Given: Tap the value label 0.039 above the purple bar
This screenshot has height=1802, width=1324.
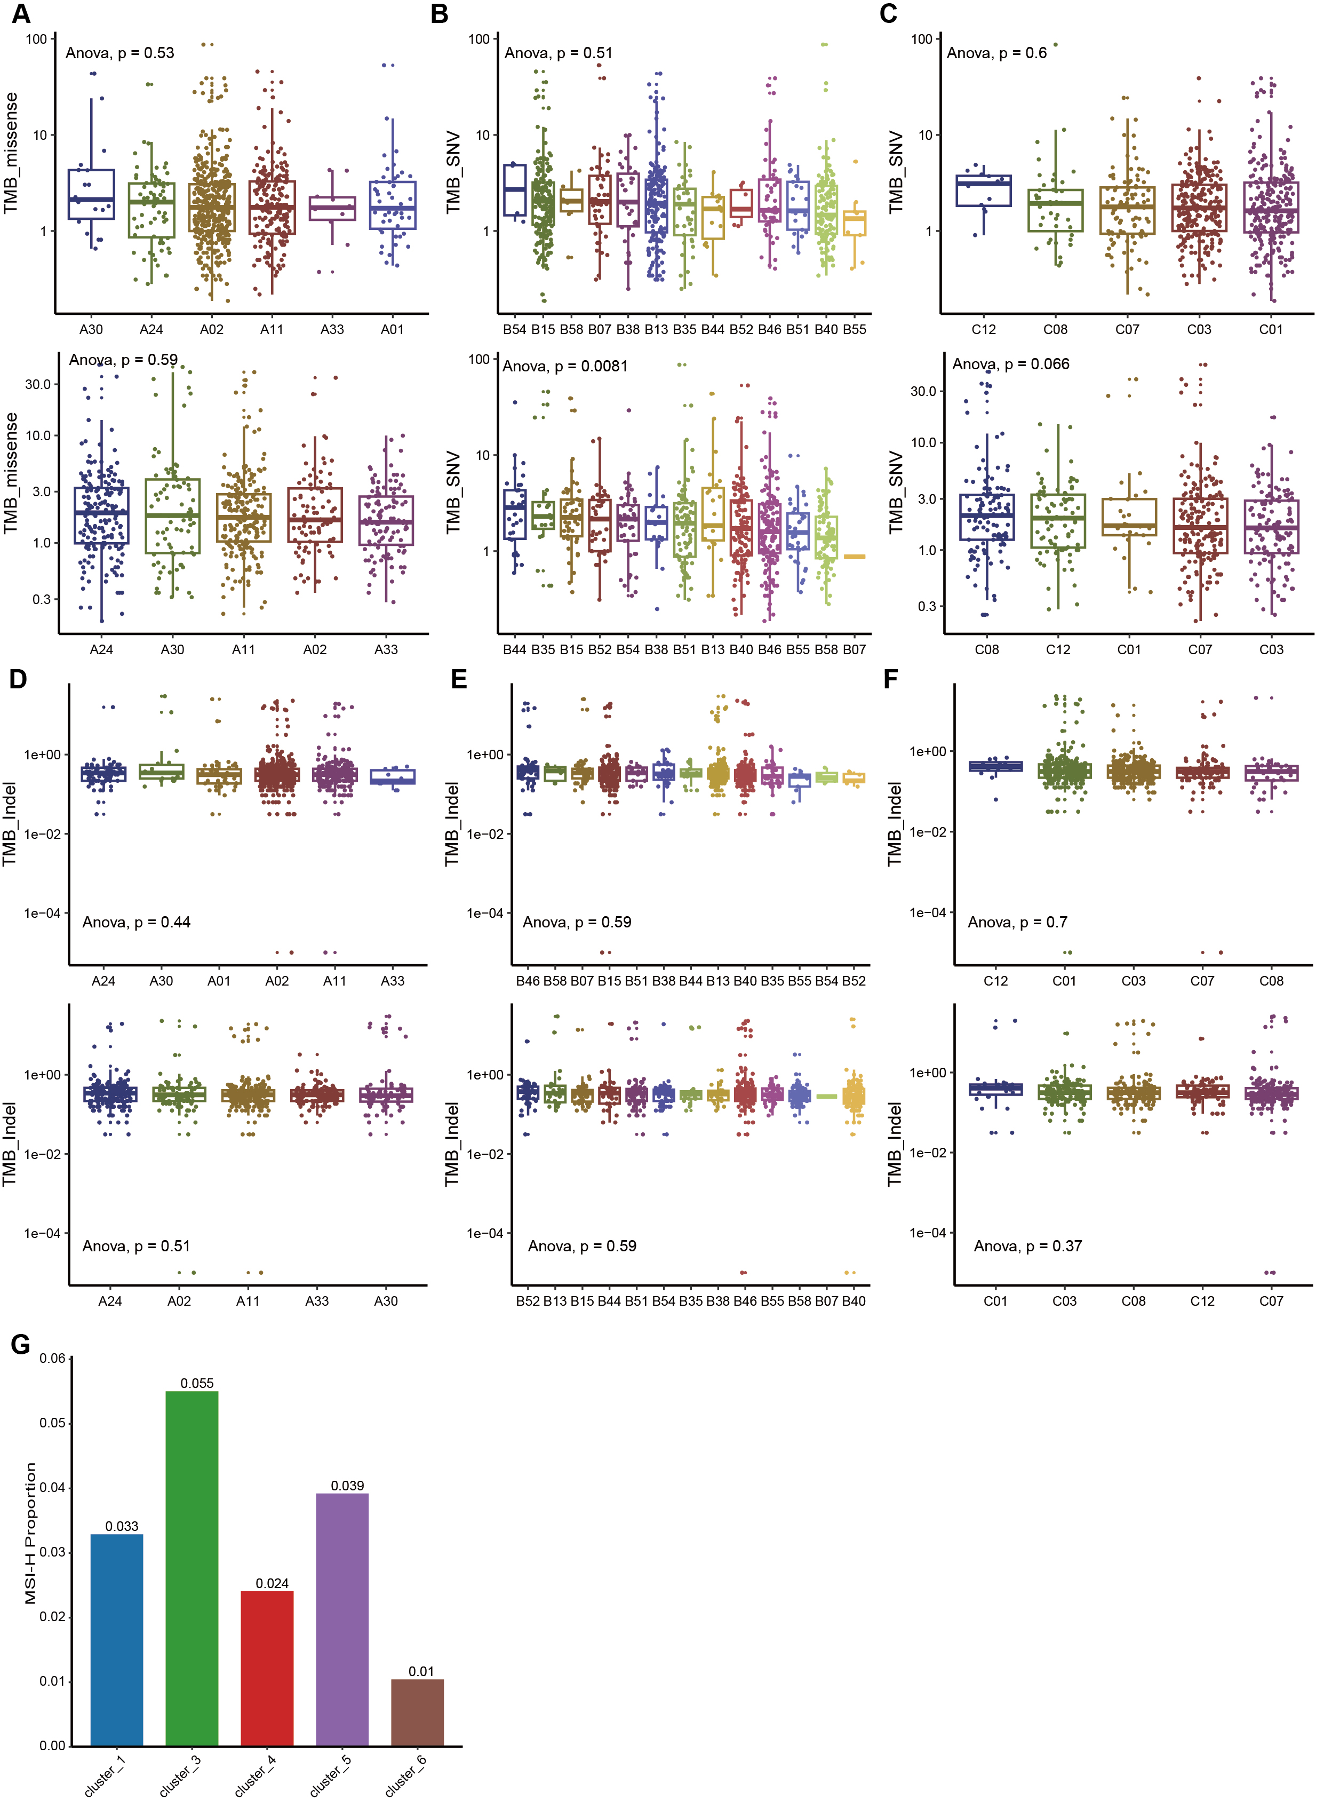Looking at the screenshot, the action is (347, 1486).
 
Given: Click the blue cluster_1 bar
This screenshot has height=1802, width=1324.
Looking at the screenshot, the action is (117, 1640).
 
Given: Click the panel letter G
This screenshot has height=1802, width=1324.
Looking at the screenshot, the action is (21, 1344).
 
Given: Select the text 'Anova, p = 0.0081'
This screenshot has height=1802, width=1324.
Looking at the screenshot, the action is (565, 367).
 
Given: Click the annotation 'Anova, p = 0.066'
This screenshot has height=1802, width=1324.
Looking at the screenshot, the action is (1011, 364).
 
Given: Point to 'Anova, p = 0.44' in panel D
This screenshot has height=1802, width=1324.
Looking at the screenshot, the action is (136, 922).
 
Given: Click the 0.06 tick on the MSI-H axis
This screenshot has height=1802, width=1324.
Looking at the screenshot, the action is (53, 1358).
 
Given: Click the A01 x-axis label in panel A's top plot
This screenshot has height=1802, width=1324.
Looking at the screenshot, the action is (392, 329).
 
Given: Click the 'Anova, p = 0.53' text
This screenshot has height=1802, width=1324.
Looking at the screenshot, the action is (119, 53).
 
